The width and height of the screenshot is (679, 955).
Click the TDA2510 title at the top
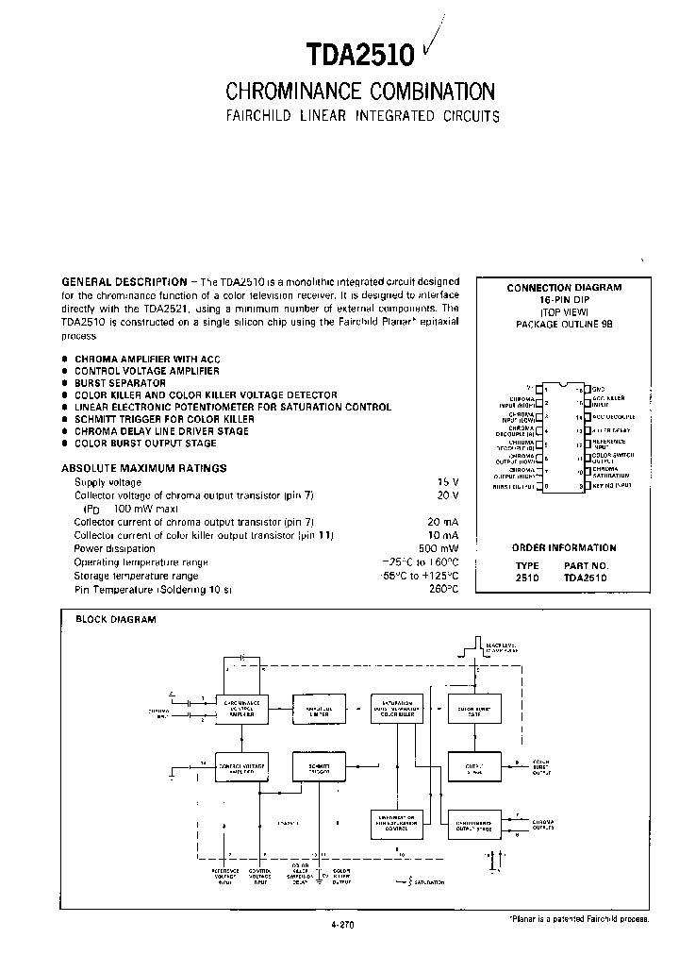(x=360, y=56)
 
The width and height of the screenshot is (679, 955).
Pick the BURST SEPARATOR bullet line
(x=120, y=383)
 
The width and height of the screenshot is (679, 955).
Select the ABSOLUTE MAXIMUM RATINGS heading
(x=143, y=468)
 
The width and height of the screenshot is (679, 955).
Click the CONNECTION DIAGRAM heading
(x=564, y=288)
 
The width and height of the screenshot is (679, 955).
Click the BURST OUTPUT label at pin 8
(x=515, y=487)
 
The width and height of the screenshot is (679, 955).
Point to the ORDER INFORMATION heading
(x=564, y=547)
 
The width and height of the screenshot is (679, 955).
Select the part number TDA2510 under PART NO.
(x=586, y=577)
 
